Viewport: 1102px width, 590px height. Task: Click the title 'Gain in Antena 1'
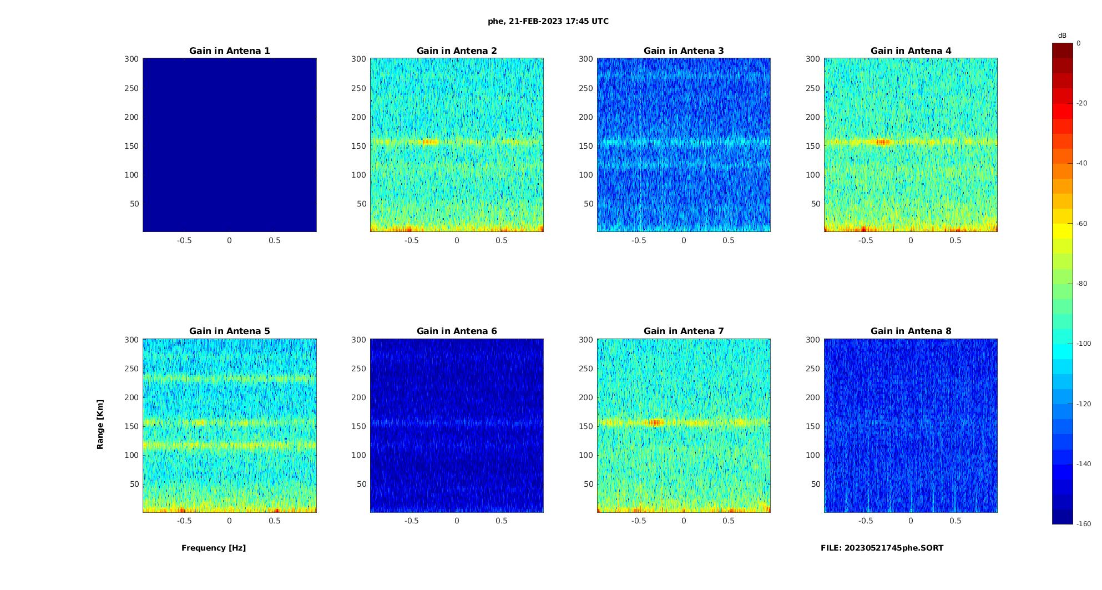229,51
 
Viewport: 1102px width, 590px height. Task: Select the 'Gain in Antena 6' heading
457,331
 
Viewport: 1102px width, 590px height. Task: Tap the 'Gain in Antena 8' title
911,331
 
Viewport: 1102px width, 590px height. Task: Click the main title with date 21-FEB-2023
548,22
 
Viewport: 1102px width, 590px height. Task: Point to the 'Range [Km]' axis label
100,424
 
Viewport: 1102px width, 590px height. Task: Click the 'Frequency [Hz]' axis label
214,548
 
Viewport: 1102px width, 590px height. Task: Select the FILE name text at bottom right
882,548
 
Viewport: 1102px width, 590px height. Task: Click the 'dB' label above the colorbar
1062,36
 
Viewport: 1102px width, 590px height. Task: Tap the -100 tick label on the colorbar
1084,344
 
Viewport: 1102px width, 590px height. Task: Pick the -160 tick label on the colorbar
1084,524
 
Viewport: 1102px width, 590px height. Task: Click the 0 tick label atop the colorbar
1079,43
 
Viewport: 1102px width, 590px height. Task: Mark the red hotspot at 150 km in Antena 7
656,422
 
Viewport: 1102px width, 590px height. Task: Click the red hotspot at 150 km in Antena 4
883,142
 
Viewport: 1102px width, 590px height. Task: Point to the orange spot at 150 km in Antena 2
430,142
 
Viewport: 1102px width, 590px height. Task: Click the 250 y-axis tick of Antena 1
132,88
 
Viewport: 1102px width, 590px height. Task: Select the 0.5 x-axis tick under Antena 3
729,240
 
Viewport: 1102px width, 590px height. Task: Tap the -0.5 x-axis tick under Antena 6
411,521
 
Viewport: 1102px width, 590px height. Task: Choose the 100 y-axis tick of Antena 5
132,455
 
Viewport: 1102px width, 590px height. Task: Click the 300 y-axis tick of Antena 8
813,340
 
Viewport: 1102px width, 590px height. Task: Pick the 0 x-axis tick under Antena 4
911,240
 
